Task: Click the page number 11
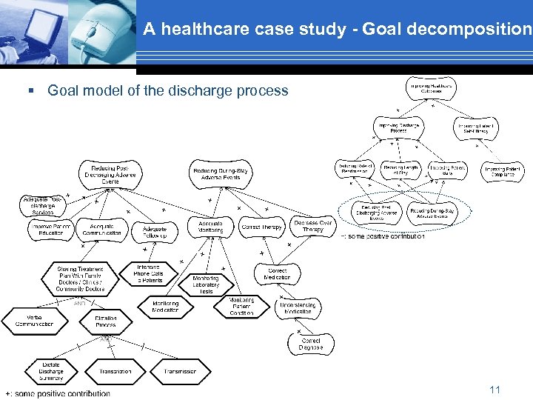click(495, 390)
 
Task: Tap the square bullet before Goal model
click(31, 91)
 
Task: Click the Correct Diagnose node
click(310, 344)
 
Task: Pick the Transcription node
click(114, 371)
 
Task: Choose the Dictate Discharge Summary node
click(51, 371)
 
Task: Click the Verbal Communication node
click(35, 320)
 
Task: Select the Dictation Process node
click(105, 321)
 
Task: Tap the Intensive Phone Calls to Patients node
click(148, 273)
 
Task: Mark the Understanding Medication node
click(298, 308)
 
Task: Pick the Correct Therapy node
click(261, 227)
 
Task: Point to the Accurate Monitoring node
click(210, 227)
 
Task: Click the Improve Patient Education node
click(51, 230)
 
